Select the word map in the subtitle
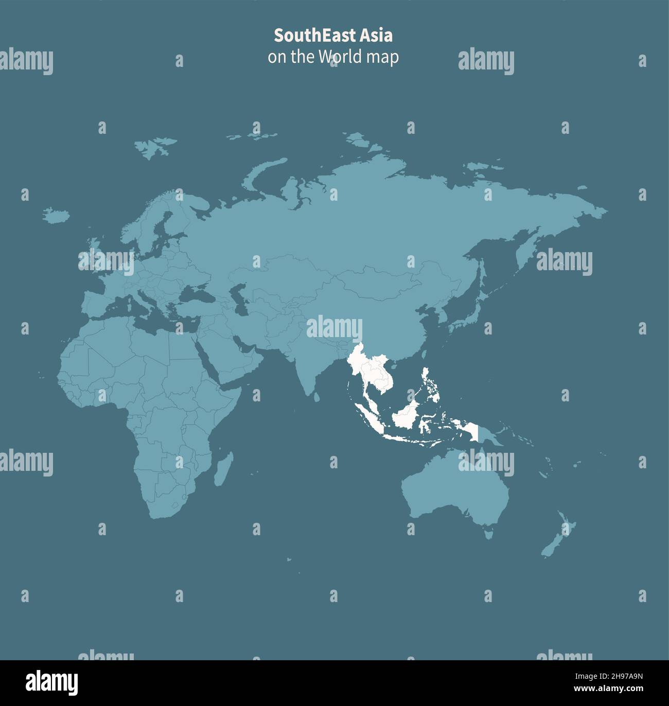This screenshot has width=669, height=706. (382, 57)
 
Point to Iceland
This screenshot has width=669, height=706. (57, 215)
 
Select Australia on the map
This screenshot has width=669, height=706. (453, 489)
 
